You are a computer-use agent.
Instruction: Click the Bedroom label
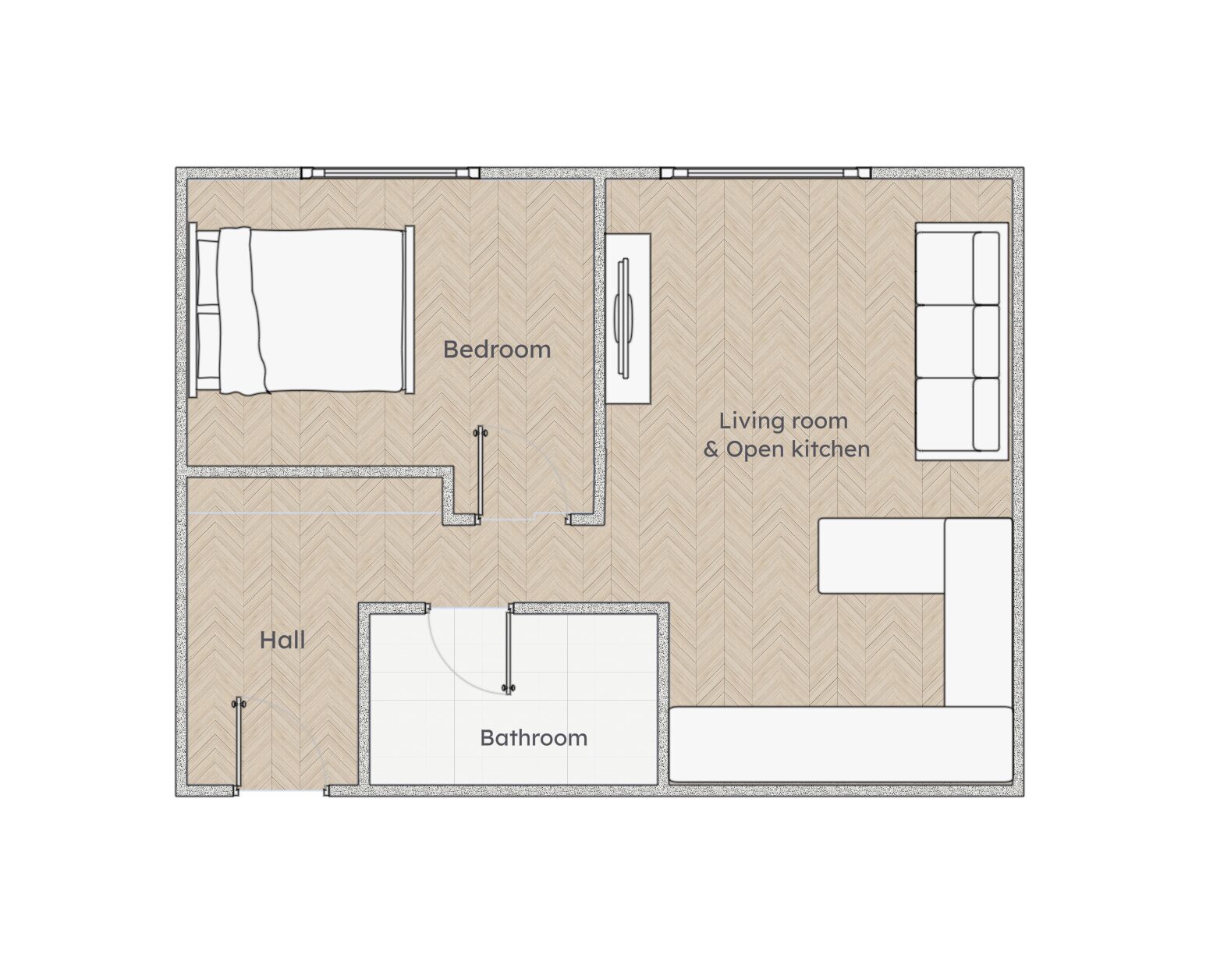[x=496, y=350]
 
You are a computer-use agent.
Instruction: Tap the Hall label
[x=282, y=641]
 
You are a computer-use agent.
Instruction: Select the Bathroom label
[x=534, y=738]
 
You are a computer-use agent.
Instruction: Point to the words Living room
[x=783, y=421]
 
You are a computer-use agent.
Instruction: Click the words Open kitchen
[x=798, y=449]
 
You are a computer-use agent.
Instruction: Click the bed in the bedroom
[x=301, y=310]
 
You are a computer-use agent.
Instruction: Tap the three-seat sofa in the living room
[x=962, y=342]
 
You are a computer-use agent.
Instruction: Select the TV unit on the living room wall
[x=628, y=318]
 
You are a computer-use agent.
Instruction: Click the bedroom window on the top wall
[x=390, y=172]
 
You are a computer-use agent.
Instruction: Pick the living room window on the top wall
[x=765, y=172]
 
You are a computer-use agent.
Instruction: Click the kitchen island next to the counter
[x=881, y=555]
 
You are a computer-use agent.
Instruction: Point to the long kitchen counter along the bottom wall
[x=841, y=745]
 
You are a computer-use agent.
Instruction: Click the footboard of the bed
[x=409, y=310]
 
